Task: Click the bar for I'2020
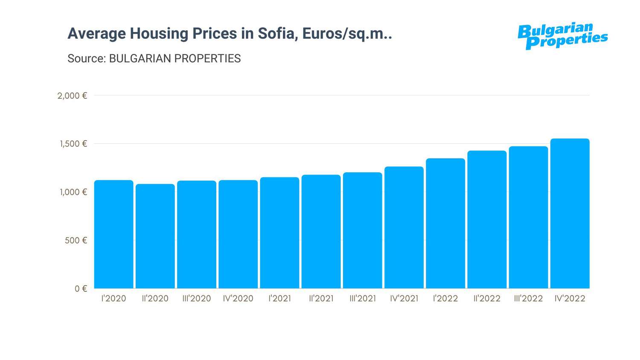113,234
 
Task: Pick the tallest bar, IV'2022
570,213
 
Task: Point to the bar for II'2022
487,219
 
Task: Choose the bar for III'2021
363,230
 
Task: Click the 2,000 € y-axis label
72,96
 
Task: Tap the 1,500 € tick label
73,144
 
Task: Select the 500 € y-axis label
76,241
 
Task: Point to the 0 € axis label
81,289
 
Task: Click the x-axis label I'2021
279,299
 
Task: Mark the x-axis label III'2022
528,299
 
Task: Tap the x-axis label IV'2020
238,299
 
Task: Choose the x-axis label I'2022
445,299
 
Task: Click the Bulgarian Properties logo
562,36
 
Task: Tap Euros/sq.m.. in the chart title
347,33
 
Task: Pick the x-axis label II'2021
321,299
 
